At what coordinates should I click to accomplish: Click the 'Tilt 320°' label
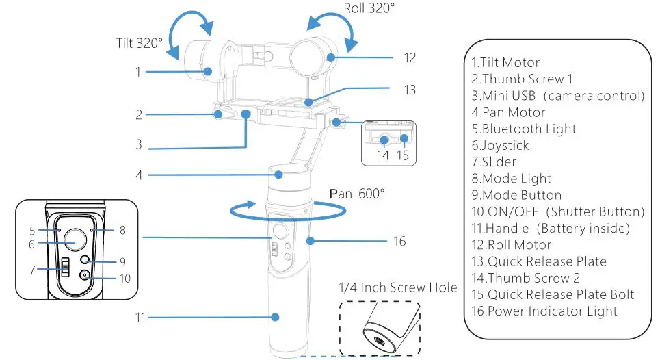coord(139,43)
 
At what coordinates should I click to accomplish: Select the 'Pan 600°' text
coord(356,194)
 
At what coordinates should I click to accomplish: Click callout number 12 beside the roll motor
coord(409,58)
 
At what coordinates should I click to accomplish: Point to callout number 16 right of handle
coord(399,241)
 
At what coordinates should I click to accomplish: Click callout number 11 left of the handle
coord(139,318)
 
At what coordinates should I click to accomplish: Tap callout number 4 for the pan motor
coord(139,175)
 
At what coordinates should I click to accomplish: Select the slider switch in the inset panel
coord(65,267)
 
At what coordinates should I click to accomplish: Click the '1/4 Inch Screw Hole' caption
coord(398,287)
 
